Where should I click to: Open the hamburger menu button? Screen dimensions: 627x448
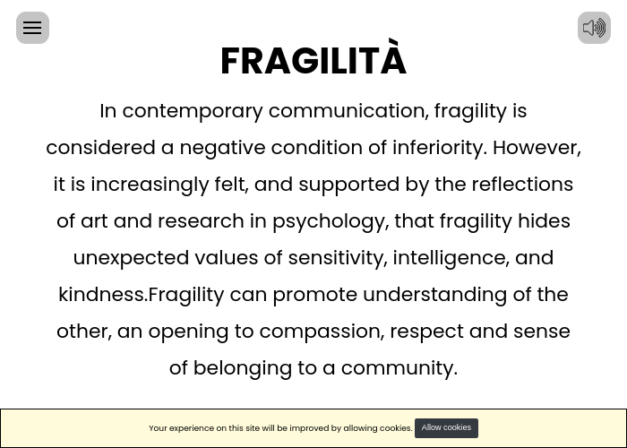32,28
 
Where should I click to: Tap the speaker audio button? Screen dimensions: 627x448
594,28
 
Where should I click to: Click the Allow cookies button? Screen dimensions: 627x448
446,428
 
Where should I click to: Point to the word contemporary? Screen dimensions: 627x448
193,112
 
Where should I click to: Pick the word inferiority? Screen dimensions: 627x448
440,148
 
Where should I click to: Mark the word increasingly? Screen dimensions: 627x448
150,185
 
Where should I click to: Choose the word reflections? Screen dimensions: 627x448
522,185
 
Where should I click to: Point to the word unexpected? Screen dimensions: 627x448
131,258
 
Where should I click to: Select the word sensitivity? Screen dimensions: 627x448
338,258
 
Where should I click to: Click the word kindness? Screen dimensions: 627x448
103,295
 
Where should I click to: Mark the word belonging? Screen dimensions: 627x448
243,368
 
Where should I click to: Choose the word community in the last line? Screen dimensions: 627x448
399,368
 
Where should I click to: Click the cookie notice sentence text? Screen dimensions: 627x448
280,428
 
